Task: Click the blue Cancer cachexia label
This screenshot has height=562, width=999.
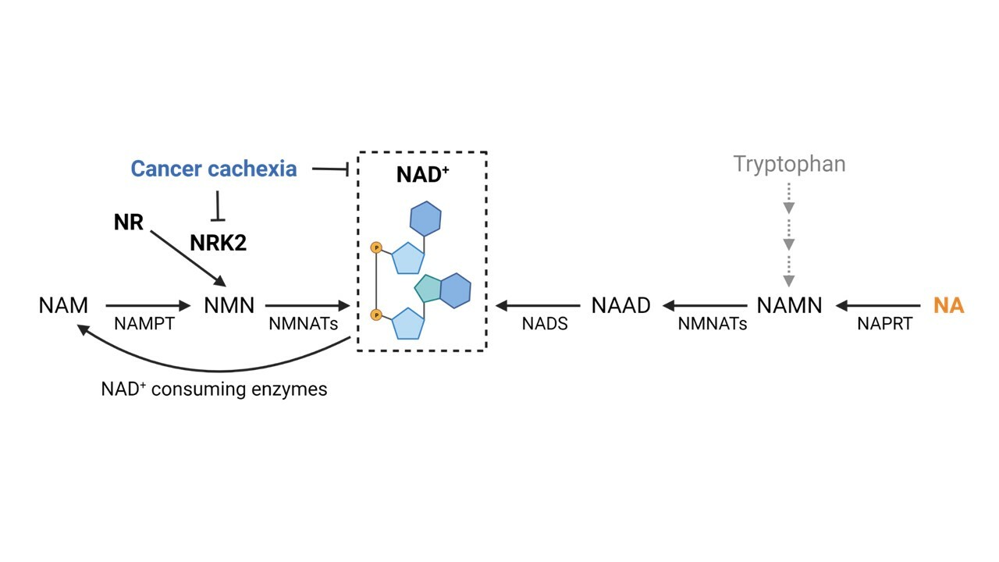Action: click(213, 169)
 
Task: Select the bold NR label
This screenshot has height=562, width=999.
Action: click(129, 222)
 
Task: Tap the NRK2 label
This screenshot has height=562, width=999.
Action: click(218, 243)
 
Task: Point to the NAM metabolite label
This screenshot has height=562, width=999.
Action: click(63, 305)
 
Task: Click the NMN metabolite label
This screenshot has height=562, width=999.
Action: click(229, 305)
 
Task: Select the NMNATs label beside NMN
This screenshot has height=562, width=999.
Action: click(303, 323)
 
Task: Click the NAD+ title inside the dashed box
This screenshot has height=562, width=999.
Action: click(422, 174)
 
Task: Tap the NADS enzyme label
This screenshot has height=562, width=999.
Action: click(545, 323)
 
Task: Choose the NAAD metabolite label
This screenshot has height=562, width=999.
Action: click(620, 305)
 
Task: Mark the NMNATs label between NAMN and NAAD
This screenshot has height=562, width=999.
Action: click(712, 323)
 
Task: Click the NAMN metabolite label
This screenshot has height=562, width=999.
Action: click(789, 305)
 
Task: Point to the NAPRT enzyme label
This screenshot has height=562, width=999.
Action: click(884, 323)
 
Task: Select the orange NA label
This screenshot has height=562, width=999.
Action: click(948, 305)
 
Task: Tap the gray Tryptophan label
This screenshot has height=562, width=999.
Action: click(789, 164)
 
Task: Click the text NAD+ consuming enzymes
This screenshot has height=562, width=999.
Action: click(214, 389)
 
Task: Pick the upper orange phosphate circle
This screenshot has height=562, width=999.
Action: click(376, 248)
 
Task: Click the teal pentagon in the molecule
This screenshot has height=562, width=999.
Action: click(428, 288)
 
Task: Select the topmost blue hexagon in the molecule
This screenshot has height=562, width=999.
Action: click(425, 219)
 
